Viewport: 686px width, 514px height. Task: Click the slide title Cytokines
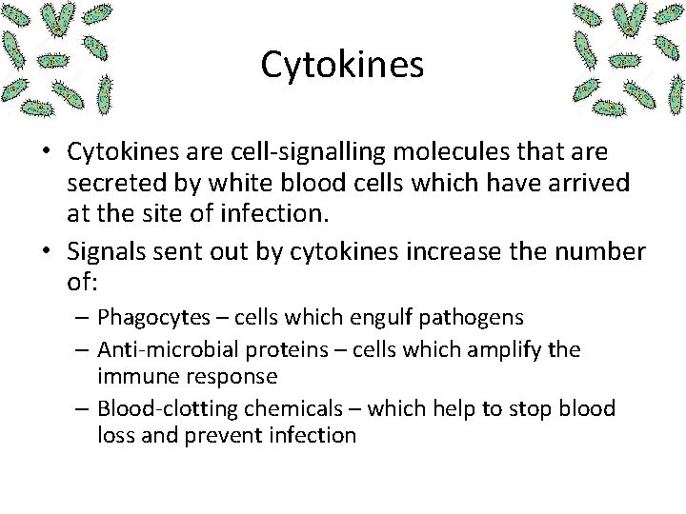[342, 65]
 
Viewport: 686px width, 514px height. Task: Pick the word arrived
[597, 184]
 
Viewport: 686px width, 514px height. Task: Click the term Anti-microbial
[156, 349]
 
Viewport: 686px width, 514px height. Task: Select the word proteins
[261, 349]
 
